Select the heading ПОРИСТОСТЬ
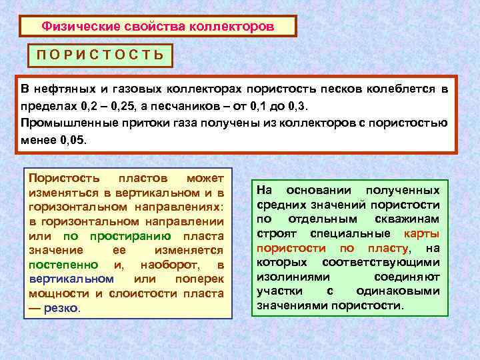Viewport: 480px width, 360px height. point(99,55)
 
